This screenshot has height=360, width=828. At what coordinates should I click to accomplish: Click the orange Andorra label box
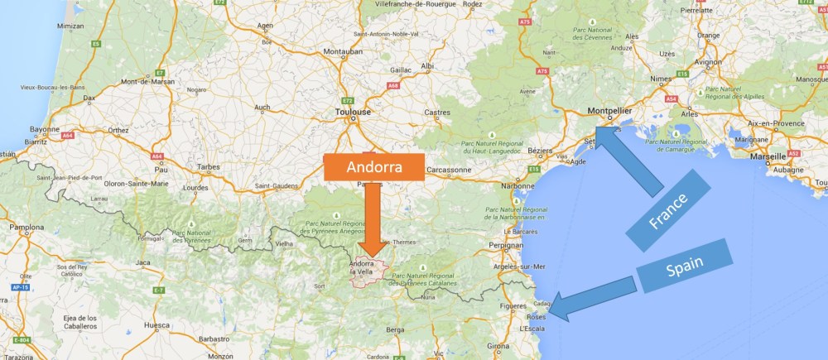pos(374,166)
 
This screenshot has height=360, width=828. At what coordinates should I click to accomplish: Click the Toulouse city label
pos(353,112)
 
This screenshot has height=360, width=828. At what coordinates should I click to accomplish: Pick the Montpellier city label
pos(609,109)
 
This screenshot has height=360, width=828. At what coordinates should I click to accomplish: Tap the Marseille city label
pos(762,156)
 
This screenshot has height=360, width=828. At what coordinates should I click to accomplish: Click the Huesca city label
pos(156,325)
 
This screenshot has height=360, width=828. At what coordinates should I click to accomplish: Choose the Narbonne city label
pos(517,185)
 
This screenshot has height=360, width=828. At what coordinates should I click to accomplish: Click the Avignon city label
pos(708,61)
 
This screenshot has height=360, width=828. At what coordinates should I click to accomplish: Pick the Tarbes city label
pos(207,166)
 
